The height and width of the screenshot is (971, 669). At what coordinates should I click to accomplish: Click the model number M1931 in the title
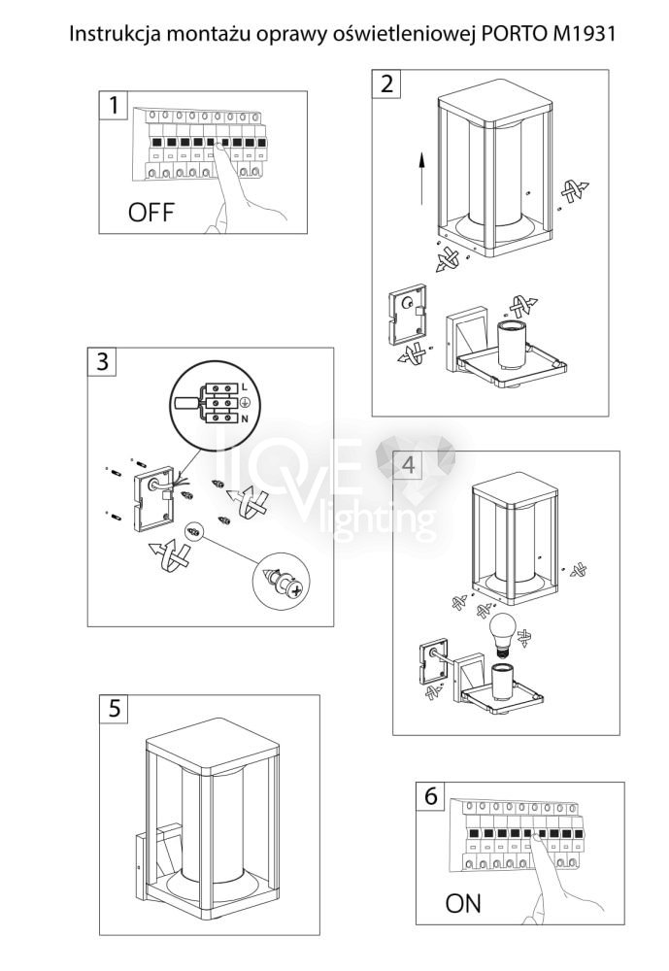pyautogui.click(x=580, y=33)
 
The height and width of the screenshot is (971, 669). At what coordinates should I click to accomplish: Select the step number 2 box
pyautogui.click(x=387, y=83)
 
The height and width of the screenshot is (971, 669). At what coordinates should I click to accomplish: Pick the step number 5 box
pyautogui.click(x=115, y=708)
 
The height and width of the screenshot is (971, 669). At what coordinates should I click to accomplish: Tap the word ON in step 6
pyautogui.click(x=463, y=904)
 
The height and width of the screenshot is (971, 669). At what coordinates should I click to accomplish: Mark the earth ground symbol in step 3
pyautogui.click(x=243, y=402)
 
